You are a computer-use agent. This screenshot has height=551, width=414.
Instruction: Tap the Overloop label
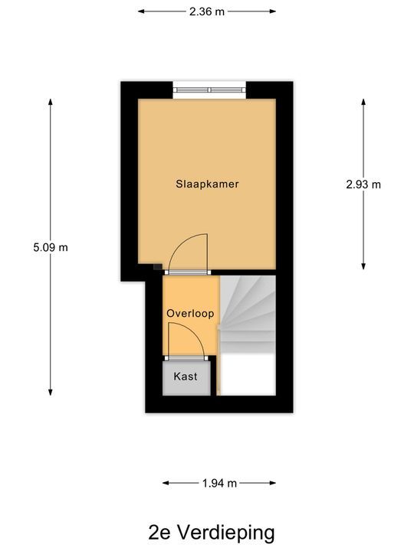click(190, 314)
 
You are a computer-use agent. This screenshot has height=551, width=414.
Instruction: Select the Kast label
click(186, 377)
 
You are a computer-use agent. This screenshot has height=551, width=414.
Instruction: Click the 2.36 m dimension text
click(207, 11)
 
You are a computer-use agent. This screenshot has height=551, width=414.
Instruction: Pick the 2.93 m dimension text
click(363, 184)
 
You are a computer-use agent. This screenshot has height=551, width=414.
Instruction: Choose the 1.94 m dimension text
click(219, 483)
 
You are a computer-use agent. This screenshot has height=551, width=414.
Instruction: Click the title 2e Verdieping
click(212, 532)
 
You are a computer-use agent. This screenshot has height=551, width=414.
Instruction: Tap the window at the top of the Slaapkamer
click(209, 90)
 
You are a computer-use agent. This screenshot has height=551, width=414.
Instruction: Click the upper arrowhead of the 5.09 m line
click(51, 102)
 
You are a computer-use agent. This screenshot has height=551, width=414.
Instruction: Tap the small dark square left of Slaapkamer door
click(157, 268)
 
